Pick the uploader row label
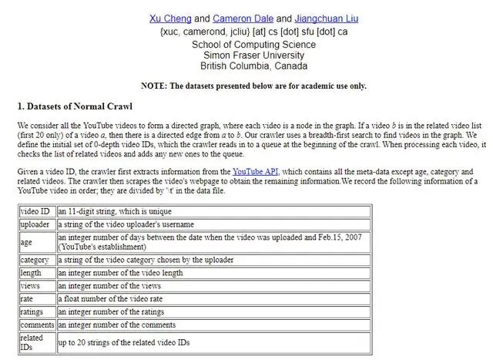point(37,224)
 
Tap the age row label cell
point(37,242)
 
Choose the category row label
point(37,260)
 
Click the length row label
point(37,273)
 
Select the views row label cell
point(37,286)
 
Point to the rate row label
point(37,299)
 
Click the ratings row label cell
point(37,312)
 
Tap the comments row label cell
point(37,325)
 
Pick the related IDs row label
point(37,342)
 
